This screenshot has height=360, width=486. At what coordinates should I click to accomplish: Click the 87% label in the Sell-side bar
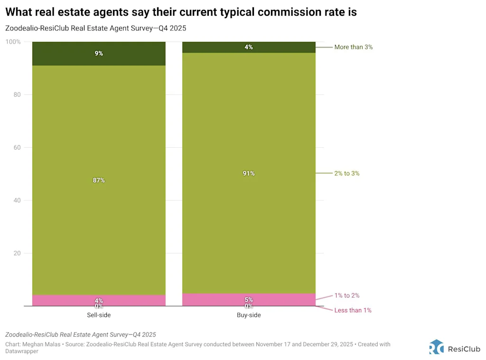(x=99, y=180)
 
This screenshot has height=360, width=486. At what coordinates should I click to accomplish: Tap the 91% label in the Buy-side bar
(x=249, y=173)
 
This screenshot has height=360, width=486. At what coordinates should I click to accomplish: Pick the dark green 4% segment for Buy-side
(x=249, y=47)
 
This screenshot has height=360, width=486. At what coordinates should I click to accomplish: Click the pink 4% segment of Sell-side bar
(x=99, y=300)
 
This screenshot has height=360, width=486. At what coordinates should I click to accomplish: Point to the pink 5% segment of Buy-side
(x=249, y=299)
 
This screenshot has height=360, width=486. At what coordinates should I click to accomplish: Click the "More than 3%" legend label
(x=353, y=47)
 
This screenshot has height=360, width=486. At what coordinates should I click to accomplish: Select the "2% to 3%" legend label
(x=346, y=173)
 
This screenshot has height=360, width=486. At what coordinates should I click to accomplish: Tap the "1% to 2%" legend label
(x=346, y=295)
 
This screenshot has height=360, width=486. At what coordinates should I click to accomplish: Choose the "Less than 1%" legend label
(x=353, y=310)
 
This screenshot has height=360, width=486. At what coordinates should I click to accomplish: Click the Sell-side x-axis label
(x=99, y=315)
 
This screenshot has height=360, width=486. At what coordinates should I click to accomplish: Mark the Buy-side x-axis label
(x=249, y=315)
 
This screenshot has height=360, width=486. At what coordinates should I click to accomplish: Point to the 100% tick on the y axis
(x=13, y=42)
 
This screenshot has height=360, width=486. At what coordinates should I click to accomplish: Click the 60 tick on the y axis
(x=18, y=148)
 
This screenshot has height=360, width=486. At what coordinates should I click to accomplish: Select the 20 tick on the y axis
(x=18, y=253)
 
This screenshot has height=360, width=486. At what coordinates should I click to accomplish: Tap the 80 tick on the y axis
(x=18, y=95)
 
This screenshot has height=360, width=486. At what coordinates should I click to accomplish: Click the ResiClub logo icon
(x=437, y=347)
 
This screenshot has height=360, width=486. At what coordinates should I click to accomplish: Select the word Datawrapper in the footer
(x=22, y=351)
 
